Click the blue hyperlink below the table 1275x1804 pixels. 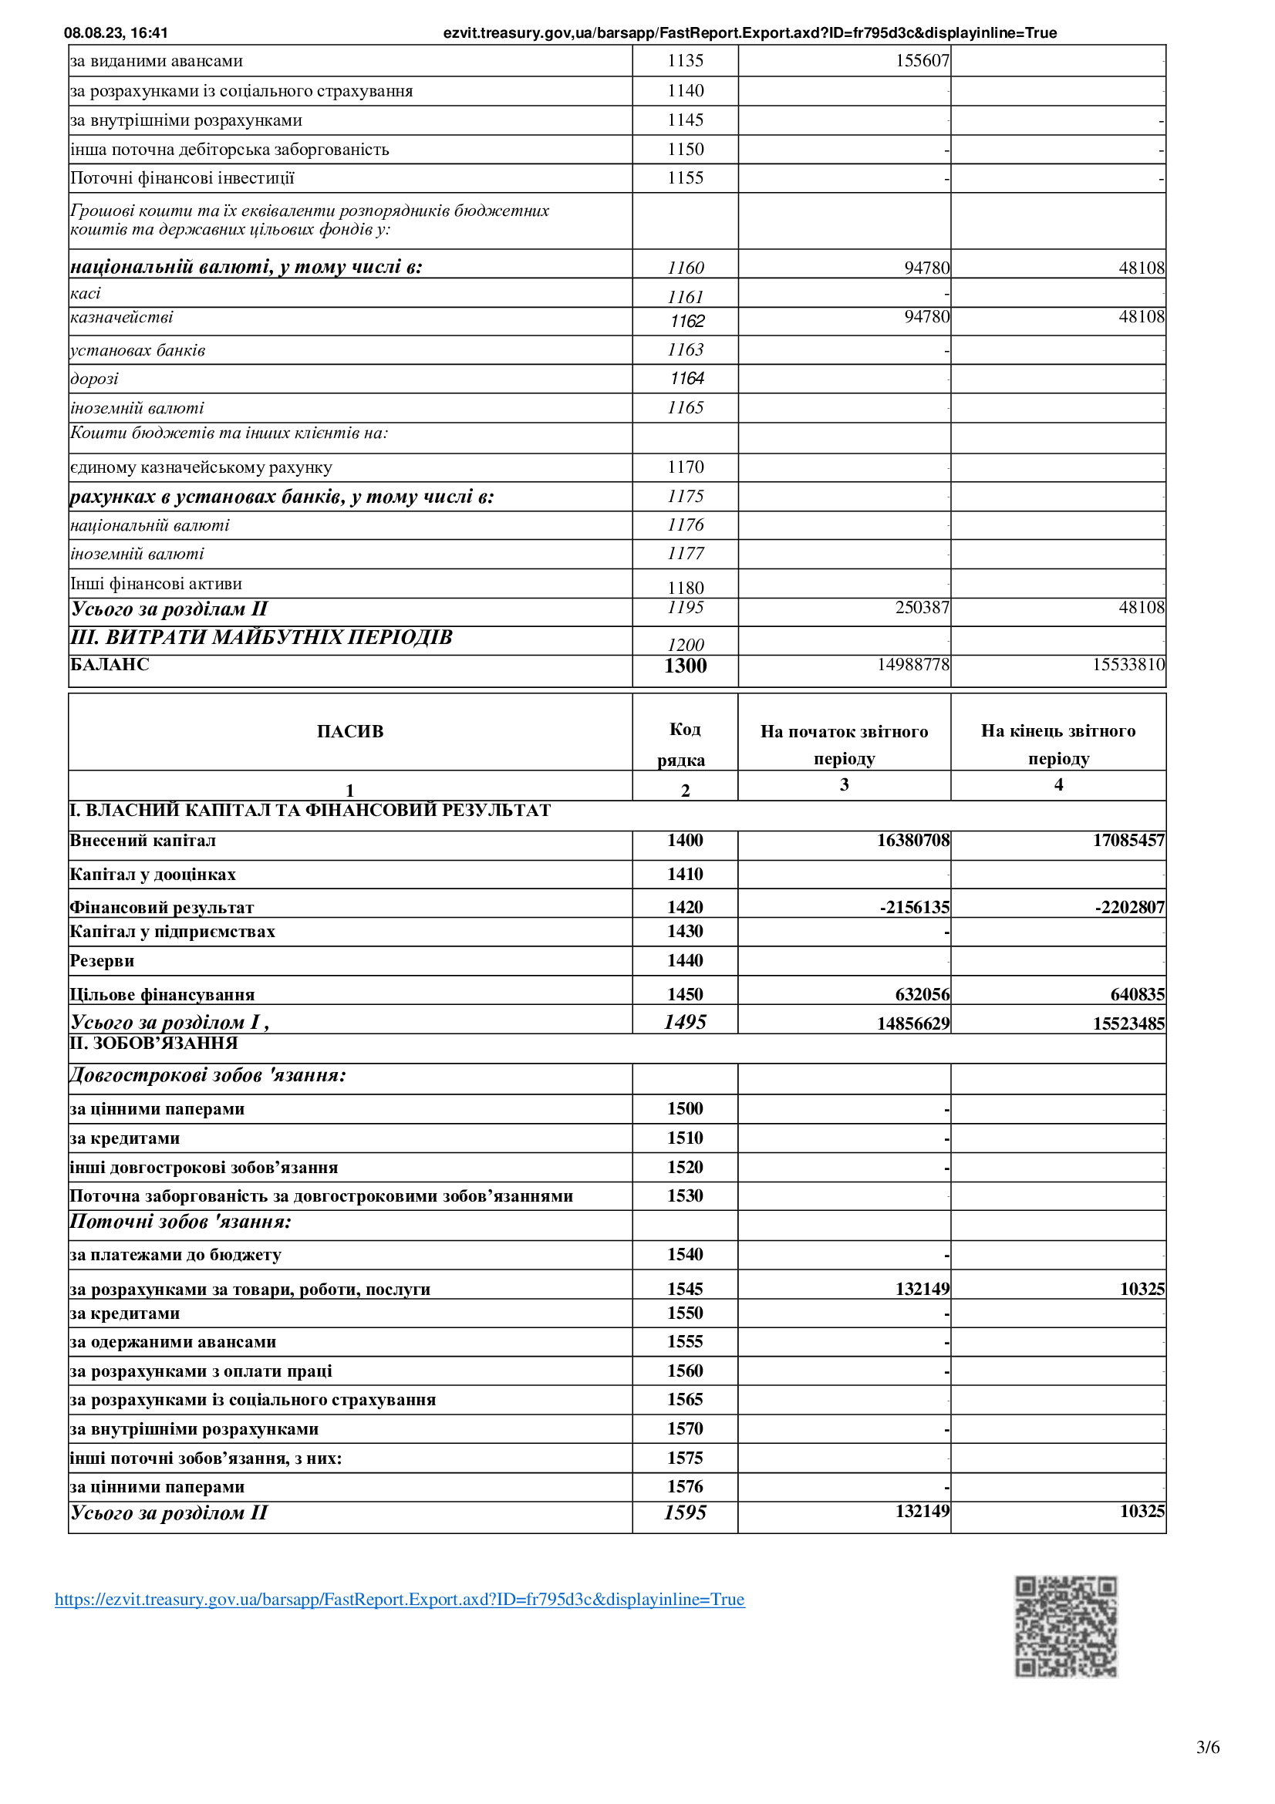[x=399, y=1600]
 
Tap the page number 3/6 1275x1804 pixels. [x=1207, y=1748]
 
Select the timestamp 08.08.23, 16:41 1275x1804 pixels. [x=116, y=33]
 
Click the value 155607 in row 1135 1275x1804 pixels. [x=923, y=60]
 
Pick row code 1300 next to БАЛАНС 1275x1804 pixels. [x=685, y=666]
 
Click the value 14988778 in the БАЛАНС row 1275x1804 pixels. [x=912, y=665]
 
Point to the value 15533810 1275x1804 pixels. [x=1128, y=665]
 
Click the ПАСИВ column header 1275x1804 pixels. [x=349, y=731]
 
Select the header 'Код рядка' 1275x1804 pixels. [x=683, y=744]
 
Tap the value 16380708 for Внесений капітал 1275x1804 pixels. [x=912, y=841]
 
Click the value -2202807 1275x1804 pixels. [x=1130, y=908]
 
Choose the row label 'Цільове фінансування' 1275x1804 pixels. [x=162, y=995]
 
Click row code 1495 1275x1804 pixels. [x=685, y=1022]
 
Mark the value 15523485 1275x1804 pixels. [x=1128, y=1023]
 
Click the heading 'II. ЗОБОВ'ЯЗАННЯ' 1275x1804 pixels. [x=154, y=1044]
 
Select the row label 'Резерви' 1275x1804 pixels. [x=102, y=961]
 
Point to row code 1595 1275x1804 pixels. [x=685, y=1512]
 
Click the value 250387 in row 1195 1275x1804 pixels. [x=923, y=607]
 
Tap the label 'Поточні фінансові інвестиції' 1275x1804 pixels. [x=182, y=178]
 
